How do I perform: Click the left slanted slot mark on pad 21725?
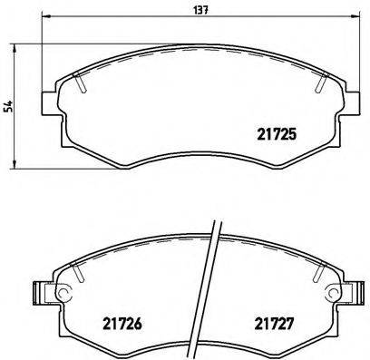[82, 83]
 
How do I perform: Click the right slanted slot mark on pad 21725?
[321, 83]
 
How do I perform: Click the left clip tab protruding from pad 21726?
[39, 294]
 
